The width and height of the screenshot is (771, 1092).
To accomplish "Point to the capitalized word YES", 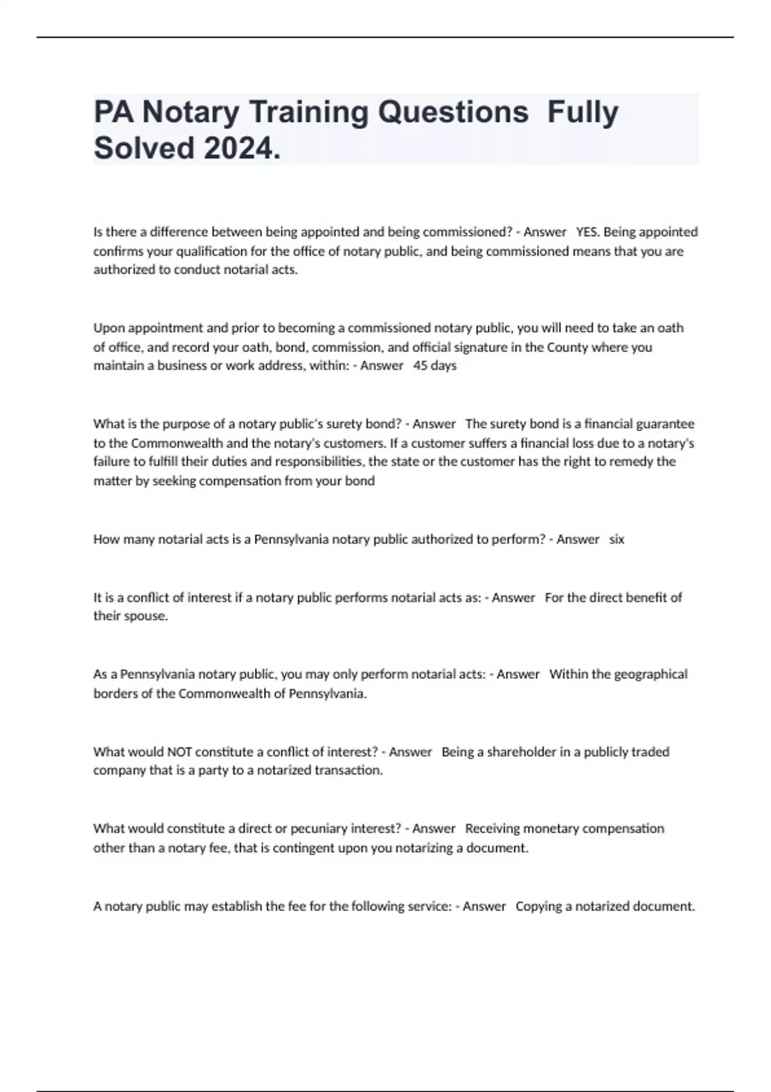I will [x=587, y=232].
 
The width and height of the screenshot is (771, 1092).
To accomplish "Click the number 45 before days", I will [x=421, y=365].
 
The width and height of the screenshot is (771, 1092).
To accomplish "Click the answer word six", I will [x=616, y=540].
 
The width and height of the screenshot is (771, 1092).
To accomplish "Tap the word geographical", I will [x=650, y=674].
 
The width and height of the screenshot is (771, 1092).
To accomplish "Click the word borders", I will [x=112, y=694].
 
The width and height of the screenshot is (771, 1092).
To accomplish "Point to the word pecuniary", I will [x=318, y=829].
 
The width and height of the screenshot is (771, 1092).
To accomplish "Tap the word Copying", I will [x=538, y=906].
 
